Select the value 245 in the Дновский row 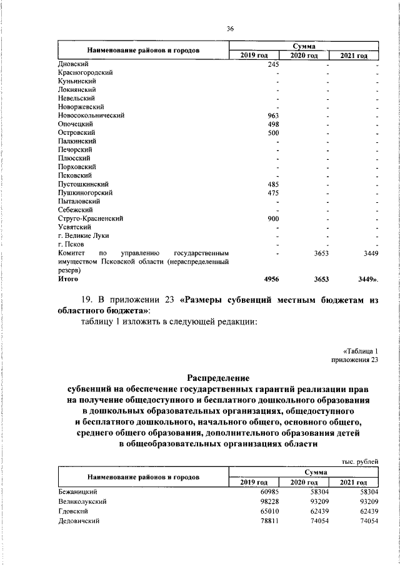[x=272, y=64]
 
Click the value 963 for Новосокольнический [x=272, y=115]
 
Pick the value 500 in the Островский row [x=272, y=133]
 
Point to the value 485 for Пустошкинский [x=272, y=185]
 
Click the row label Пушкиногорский [x=81, y=194]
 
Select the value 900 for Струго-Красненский [x=272, y=219]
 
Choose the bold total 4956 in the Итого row [x=271, y=280]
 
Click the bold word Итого [x=68, y=280]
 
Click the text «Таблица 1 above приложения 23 [x=361, y=351]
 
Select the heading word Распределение [x=218, y=378]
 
